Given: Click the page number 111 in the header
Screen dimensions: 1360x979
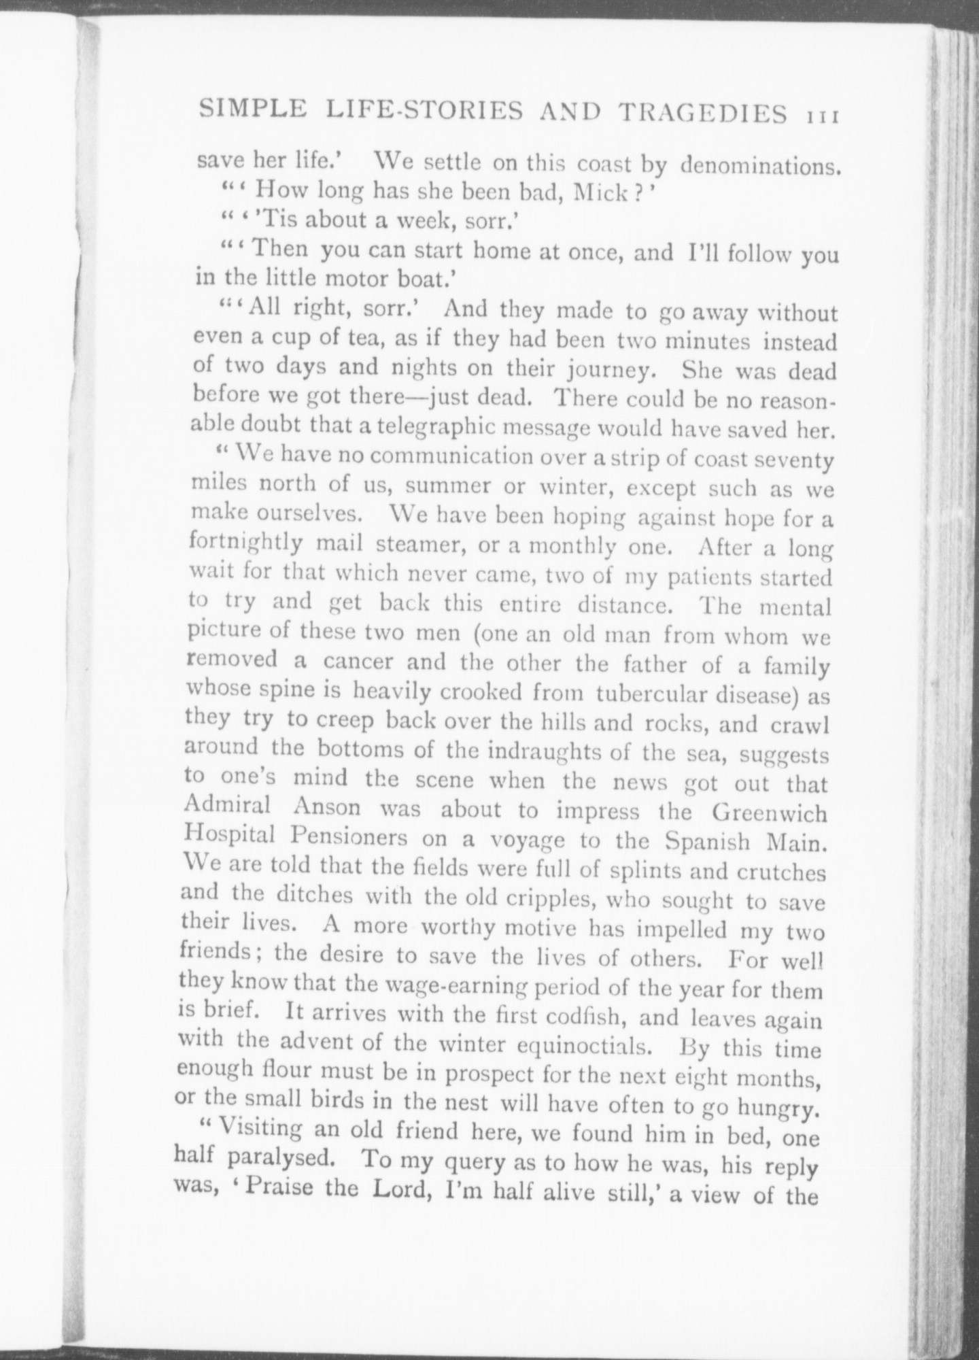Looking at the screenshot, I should [x=821, y=115].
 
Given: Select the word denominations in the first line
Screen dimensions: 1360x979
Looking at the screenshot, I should [x=759, y=165].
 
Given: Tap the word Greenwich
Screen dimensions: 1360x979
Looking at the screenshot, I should [x=763, y=813].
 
